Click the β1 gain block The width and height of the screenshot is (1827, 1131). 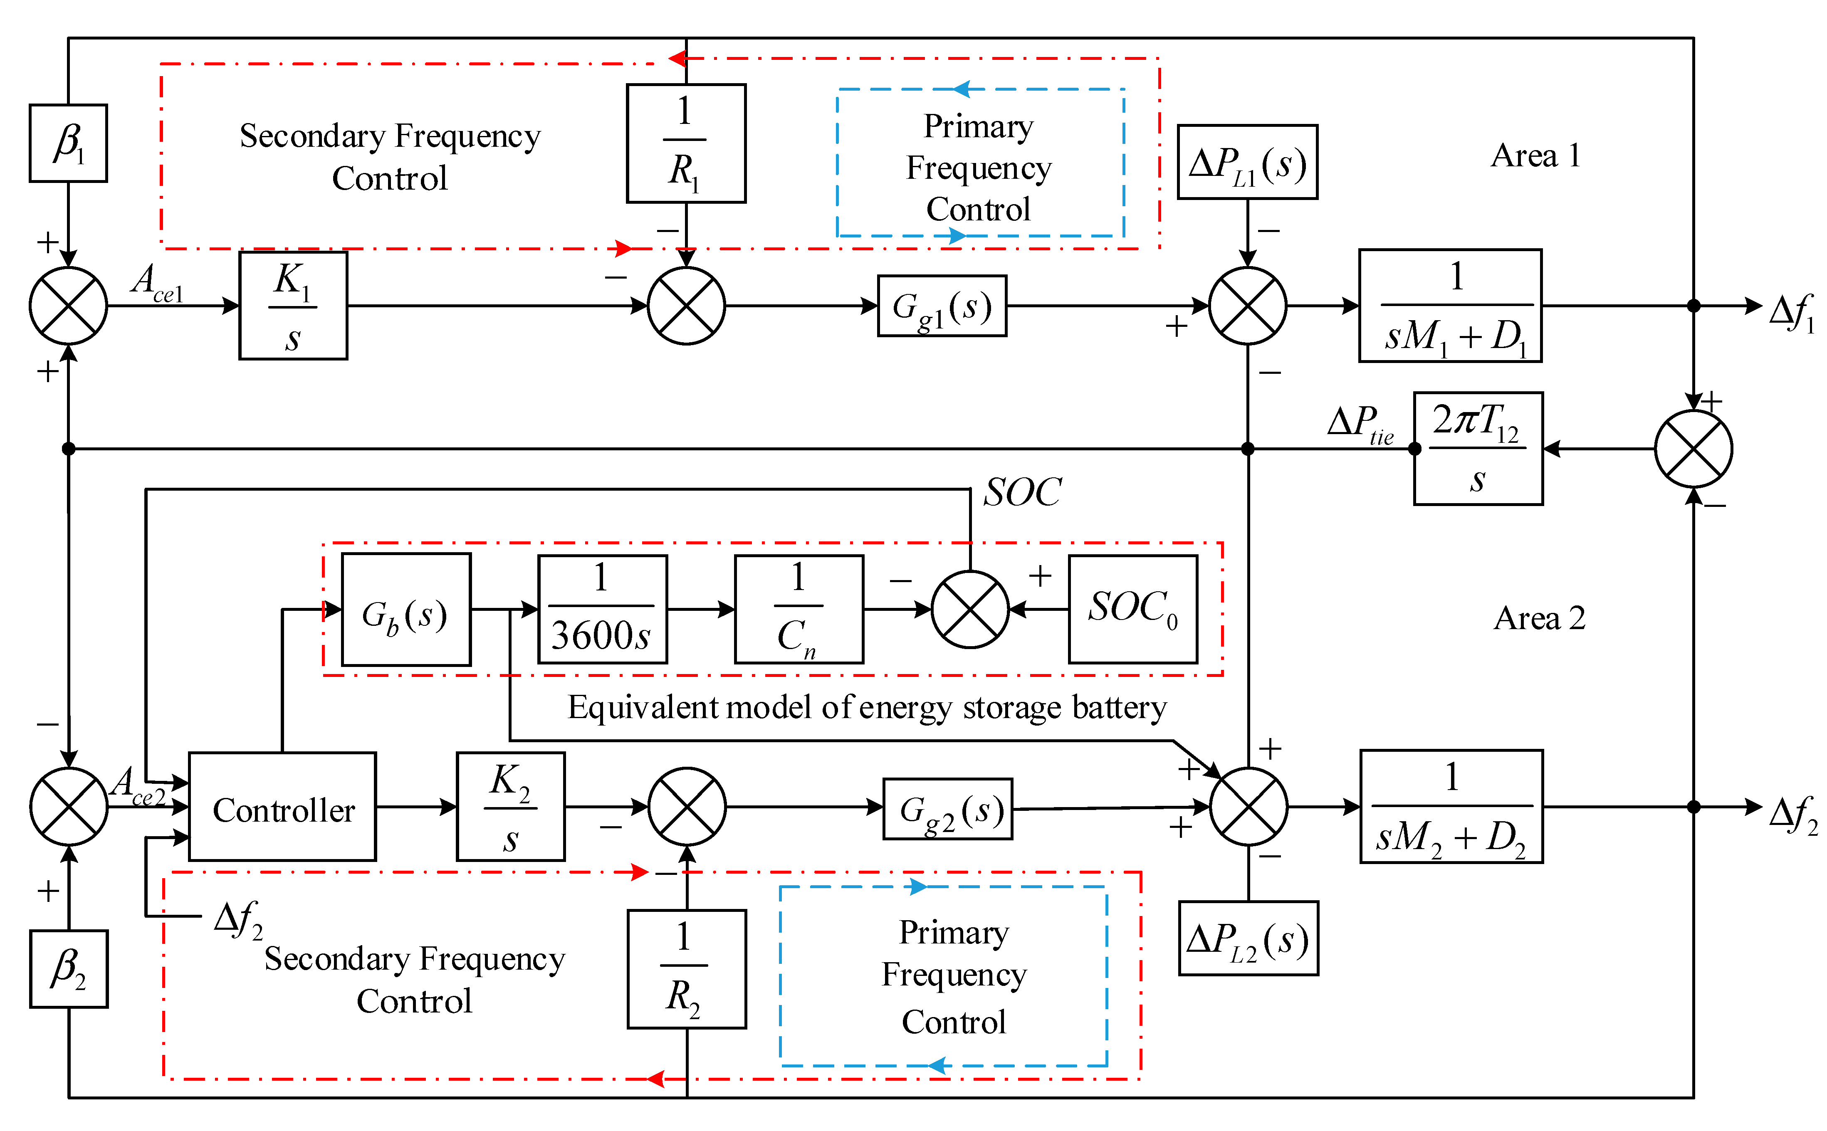pyautogui.click(x=68, y=143)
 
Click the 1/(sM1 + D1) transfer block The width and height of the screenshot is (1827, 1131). pyautogui.click(x=1449, y=306)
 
